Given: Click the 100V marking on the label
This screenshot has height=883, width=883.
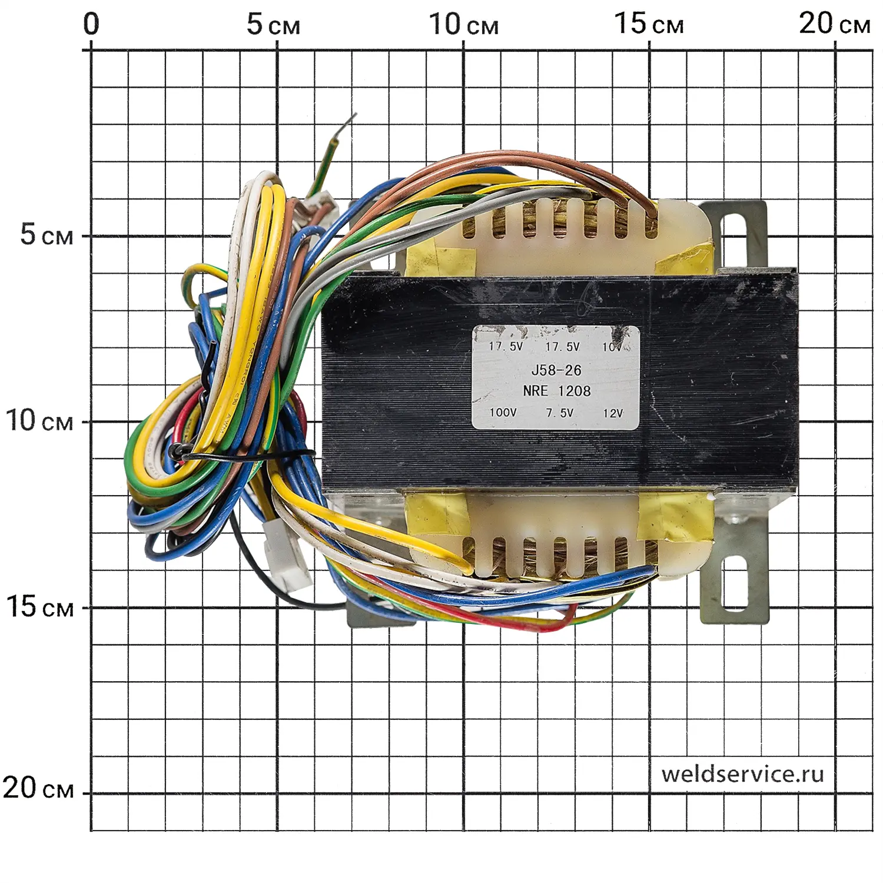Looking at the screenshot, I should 503,412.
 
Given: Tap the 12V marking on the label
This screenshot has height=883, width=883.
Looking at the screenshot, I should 612,413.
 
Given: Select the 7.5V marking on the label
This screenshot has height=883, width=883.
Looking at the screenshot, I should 559,413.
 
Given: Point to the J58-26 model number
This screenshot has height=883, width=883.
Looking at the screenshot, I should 556,370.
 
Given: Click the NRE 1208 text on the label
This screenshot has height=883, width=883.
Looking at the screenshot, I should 556,391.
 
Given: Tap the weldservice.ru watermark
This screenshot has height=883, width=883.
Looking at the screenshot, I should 742,774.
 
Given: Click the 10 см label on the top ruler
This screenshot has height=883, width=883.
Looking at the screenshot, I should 463,25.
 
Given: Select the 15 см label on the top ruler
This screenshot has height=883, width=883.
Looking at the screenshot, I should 649,25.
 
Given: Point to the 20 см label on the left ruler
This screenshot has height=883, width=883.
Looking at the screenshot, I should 39,788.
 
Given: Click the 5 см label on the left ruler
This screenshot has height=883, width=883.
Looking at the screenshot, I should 47,235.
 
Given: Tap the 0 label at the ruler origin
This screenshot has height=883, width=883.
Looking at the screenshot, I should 91,25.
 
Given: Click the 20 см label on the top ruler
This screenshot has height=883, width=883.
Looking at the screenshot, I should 834,25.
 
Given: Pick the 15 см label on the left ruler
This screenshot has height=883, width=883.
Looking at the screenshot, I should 40,606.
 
